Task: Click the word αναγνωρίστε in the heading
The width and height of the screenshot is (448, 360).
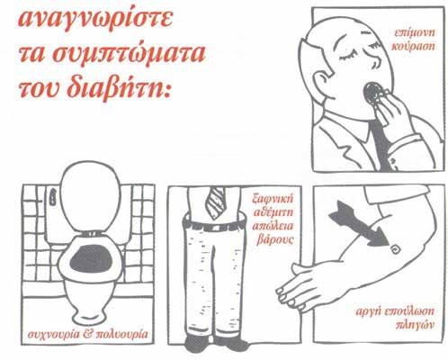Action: [95, 21]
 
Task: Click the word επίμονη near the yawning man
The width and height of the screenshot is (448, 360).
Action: [414, 32]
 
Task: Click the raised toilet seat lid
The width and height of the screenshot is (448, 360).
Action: [90, 197]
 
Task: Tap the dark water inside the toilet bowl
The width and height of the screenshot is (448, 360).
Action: [91, 259]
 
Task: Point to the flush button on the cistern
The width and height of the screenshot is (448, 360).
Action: [53, 197]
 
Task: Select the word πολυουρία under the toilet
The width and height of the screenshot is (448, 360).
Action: [121, 335]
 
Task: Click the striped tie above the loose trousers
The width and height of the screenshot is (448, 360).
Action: [215, 203]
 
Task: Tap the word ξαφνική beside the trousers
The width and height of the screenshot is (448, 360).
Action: [273, 199]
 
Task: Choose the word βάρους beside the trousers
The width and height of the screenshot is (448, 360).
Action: [274, 240]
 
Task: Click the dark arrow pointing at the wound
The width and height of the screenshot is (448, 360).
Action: [357, 223]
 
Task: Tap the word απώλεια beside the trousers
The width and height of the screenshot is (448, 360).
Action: [273, 226]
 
